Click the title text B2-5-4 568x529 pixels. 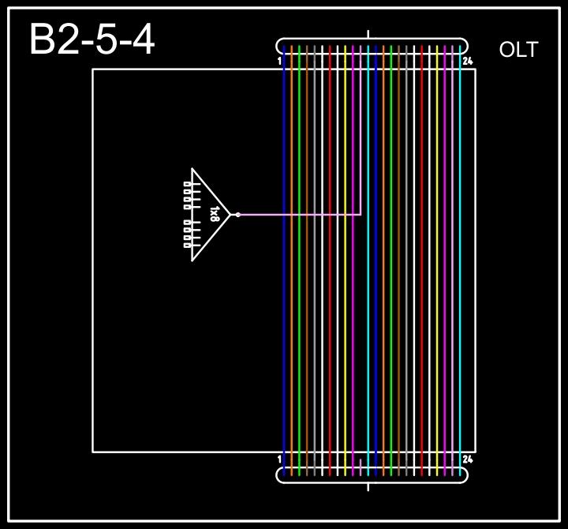(x=92, y=39)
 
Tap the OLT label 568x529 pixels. (x=518, y=50)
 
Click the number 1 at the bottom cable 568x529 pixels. (x=280, y=459)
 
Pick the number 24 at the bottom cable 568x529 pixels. (x=468, y=459)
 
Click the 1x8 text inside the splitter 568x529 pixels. (x=215, y=214)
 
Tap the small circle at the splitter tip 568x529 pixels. (x=237, y=214)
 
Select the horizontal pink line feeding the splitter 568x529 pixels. (x=300, y=214)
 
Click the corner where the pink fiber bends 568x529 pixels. (x=361, y=214)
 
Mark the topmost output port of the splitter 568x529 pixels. (x=187, y=184)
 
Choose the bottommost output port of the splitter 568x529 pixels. (x=187, y=245)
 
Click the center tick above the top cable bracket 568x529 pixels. (x=368, y=34)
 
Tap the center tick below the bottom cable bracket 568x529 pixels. (x=368, y=486)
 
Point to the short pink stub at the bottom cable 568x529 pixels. (x=361, y=466)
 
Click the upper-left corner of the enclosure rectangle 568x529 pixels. (x=93, y=69)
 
